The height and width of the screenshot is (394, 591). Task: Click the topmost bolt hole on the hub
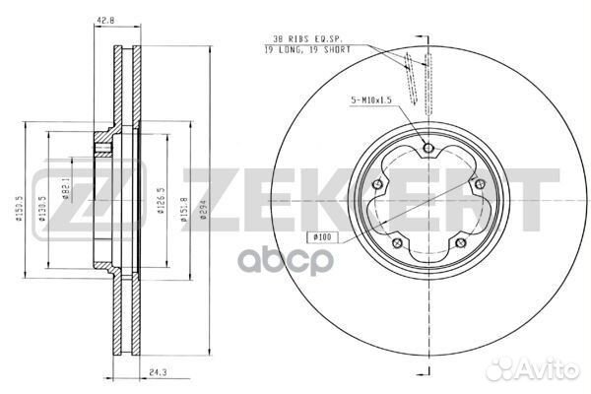coord(427,149)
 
